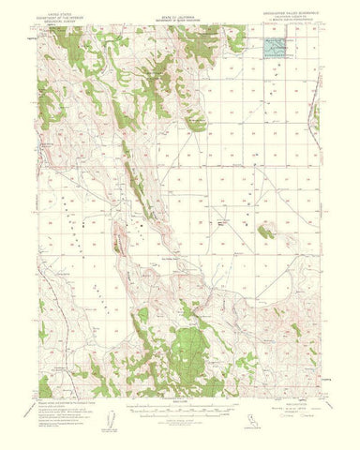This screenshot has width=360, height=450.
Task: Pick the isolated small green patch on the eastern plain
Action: pos(265,230)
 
